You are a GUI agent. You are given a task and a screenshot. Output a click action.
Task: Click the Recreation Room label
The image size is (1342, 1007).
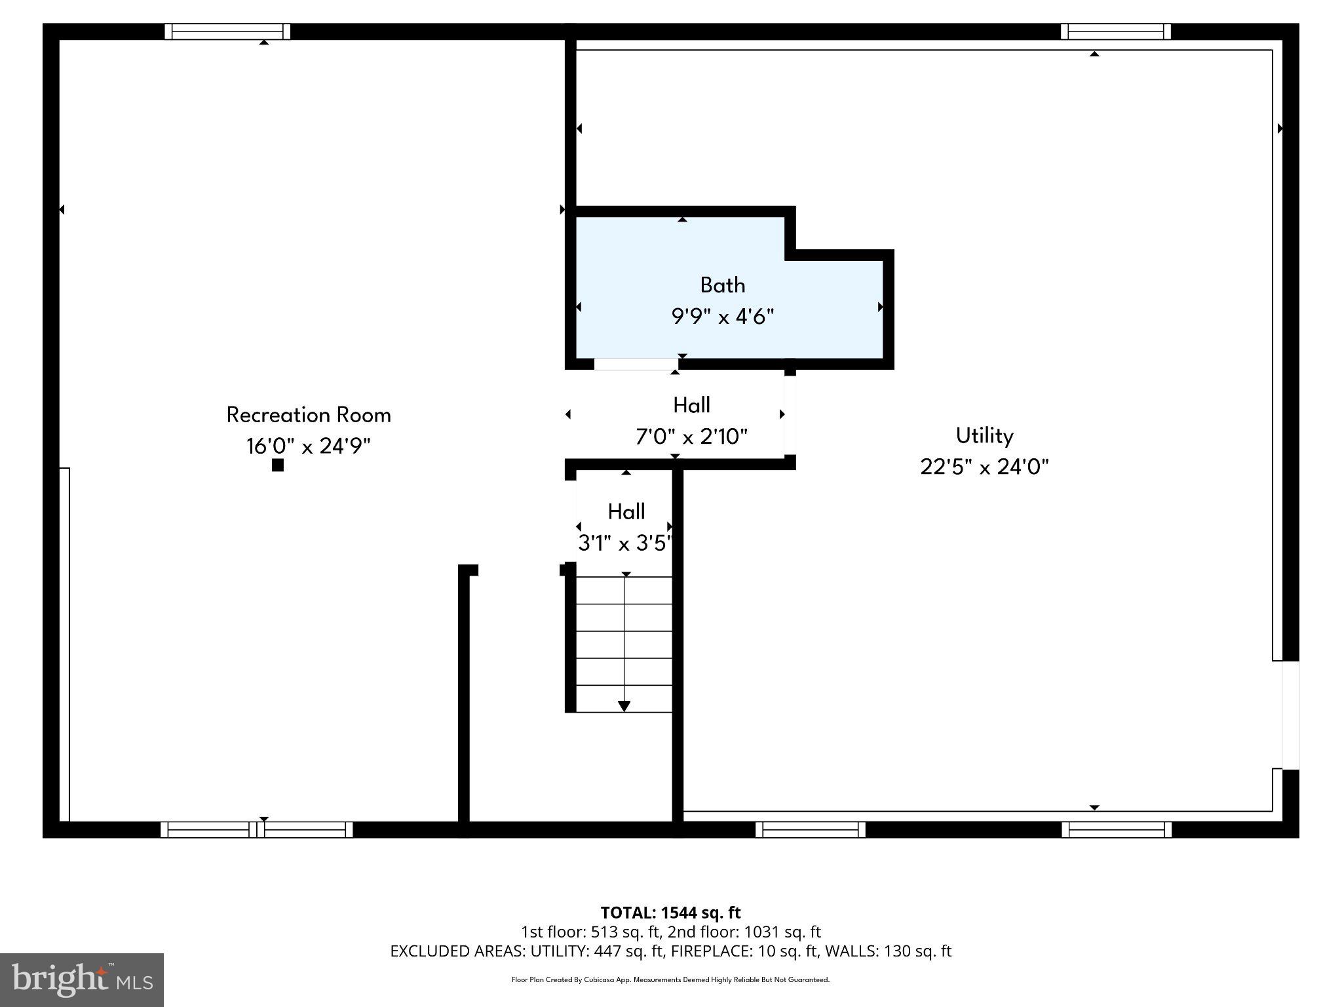tap(309, 415)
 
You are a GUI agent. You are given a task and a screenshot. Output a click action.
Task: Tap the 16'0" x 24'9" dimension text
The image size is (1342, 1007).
tap(309, 446)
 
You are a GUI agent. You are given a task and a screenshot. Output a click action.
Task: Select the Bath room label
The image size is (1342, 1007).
tap(722, 285)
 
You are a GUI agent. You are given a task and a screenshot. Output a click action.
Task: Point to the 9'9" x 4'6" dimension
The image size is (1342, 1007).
tap(722, 317)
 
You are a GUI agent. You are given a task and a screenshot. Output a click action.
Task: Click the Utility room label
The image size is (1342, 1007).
tap(984, 435)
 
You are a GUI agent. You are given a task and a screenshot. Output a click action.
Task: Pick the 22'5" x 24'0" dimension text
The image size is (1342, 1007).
tap(984, 467)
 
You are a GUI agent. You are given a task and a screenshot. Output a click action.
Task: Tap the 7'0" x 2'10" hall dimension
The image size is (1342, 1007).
tap(691, 437)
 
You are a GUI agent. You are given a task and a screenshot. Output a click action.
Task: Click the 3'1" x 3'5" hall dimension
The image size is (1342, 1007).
tap(625, 543)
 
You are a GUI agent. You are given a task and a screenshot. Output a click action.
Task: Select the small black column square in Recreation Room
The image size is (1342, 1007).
tap(278, 465)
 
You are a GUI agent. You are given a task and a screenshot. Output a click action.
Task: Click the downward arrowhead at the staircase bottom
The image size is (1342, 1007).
tap(624, 706)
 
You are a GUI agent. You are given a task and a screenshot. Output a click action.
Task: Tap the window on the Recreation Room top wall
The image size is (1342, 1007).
tap(227, 31)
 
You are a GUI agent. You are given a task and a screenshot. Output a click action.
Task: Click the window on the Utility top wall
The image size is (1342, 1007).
tap(1115, 31)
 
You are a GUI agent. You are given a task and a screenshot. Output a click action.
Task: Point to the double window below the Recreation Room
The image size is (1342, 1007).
tap(257, 829)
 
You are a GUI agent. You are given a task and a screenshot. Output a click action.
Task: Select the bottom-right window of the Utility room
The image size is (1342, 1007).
tap(1116, 829)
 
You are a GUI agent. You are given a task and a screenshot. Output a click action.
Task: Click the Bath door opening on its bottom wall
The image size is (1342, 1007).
tap(636, 364)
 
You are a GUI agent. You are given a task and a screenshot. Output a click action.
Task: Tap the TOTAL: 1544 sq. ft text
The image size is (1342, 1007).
tap(670, 913)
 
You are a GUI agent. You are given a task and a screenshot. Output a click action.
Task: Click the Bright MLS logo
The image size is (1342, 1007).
tap(82, 979)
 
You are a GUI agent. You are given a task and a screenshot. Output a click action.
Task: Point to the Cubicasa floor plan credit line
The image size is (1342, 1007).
tap(670, 980)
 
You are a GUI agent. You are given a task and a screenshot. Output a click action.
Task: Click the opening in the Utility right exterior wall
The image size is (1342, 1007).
tap(1290, 715)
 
